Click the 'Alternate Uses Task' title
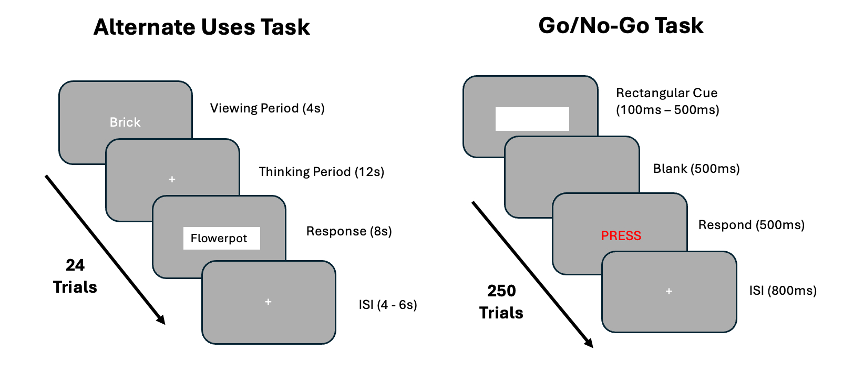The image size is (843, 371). click(x=202, y=27)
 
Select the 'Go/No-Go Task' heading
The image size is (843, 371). click(x=621, y=26)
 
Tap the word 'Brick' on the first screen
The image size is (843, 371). click(x=125, y=122)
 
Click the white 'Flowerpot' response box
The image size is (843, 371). click(x=221, y=238)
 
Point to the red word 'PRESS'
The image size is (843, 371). click(x=621, y=235)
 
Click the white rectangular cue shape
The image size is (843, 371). click(x=532, y=119)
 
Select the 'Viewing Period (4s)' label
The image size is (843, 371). click(x=267, y=108)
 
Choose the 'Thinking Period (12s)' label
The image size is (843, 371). click(x=321, y=172)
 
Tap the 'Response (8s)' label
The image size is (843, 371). click(x=349, y=231)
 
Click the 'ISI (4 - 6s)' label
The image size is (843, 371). click(x=387, y=305)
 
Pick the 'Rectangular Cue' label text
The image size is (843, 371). click(x=666, y=93)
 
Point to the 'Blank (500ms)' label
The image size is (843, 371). click(x=696, y=169)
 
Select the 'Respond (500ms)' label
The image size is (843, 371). click(x=751, y=225)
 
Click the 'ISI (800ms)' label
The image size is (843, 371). click(x=783, y=291)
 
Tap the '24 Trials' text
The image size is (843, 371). click(x=75, y=276)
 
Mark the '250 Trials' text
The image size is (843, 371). click(x=501, y=302)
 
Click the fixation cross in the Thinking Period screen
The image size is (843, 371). click(x=172, y=179)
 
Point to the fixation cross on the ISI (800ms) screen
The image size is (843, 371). click(x=669, y=291)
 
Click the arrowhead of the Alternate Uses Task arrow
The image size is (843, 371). click(x=161, y=320)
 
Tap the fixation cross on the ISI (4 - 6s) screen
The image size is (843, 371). click(x=268, y=302)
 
